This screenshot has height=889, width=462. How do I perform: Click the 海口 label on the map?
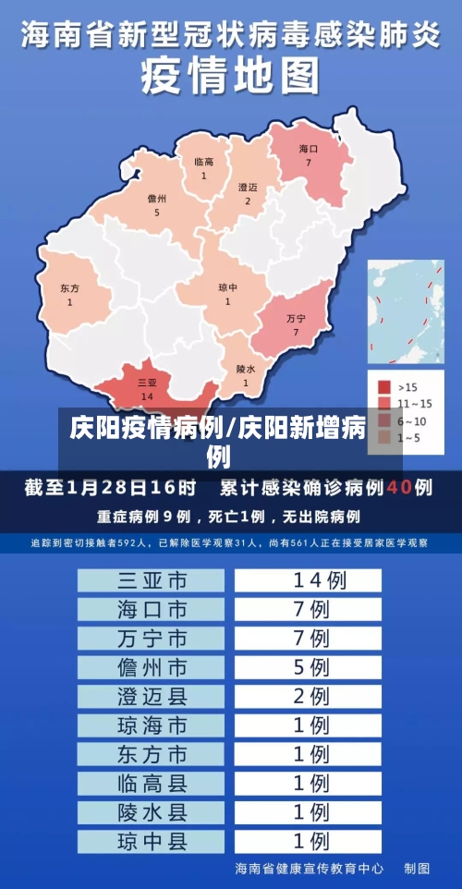[x=309, y=149]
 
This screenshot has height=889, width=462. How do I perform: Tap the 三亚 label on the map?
[x=146, y=382]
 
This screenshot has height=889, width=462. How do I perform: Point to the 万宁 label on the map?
[x=296, y=318]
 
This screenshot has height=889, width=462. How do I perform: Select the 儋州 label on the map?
[x=157, y=199]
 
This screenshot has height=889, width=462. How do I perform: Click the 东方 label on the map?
[x=69, y=288]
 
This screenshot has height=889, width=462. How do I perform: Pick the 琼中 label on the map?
[x=227, y=287]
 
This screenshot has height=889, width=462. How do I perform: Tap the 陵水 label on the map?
[x=245, y=369]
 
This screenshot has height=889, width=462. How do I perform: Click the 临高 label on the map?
[x=203, y=163]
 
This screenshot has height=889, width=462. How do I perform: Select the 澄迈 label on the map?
[x=248, y=188]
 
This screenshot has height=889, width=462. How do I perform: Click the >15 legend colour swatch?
[x=385, y=385]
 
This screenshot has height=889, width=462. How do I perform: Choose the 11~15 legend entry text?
[x=414, y=404]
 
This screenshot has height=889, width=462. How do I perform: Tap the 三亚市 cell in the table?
[x=152, y=580]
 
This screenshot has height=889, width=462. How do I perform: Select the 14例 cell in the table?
[x=309, y=580]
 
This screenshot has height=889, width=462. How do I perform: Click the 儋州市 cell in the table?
[x=152, y=666]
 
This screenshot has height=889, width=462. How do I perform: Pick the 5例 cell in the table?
[x=309, y=666]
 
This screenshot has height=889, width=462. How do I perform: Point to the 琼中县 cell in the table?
[x=152, y=841]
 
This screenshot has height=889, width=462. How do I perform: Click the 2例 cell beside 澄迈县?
[x=309, y=695]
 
